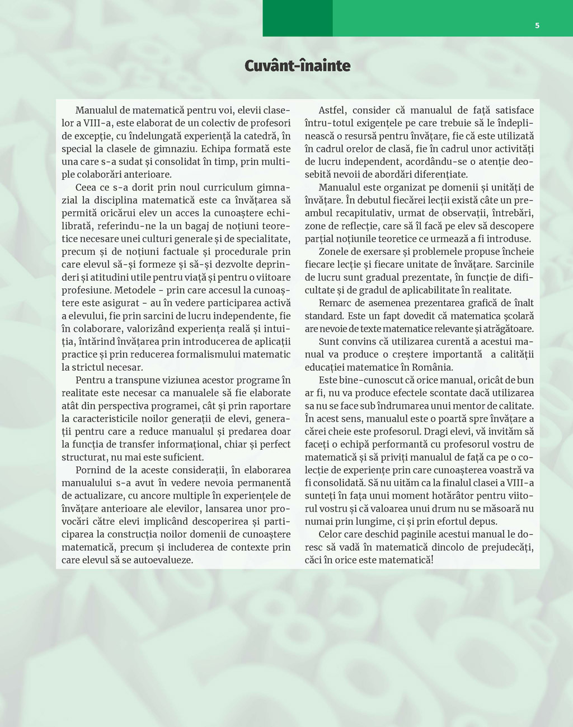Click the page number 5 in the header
pos(537,25)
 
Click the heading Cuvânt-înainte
pos(298,66)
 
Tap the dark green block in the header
pos(297,18)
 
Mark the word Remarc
pos(335,304)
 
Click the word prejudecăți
pos(502,548)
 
